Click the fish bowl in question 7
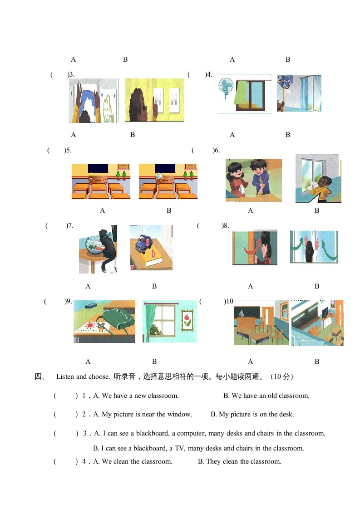tap(94, 245)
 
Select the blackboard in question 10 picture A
tap(247, 312)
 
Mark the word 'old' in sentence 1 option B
tap(271, 396)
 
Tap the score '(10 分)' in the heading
tap(282, 377)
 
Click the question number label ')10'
tap(229, 301)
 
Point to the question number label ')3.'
tap(71, 74)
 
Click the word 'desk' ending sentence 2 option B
tap(286, 414)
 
